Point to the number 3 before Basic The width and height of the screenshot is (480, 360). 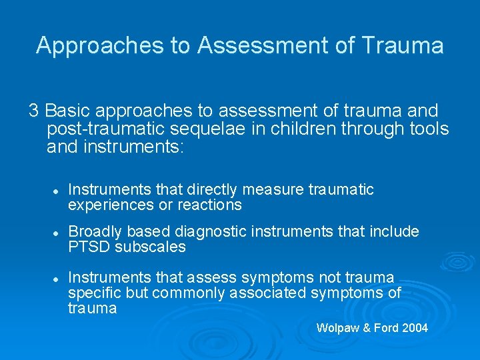33,110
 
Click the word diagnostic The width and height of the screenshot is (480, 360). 202,232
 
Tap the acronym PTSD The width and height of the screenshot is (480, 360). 89,247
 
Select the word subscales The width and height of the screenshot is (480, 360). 150,247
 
